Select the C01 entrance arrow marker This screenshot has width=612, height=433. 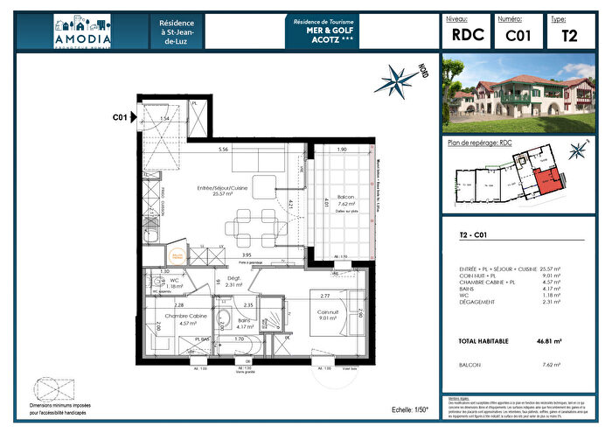coord(133,117)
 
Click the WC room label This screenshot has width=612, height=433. coord(174,280)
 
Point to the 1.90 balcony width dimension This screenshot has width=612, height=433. coord(342,150)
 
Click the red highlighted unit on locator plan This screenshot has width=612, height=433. coord(548,181)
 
